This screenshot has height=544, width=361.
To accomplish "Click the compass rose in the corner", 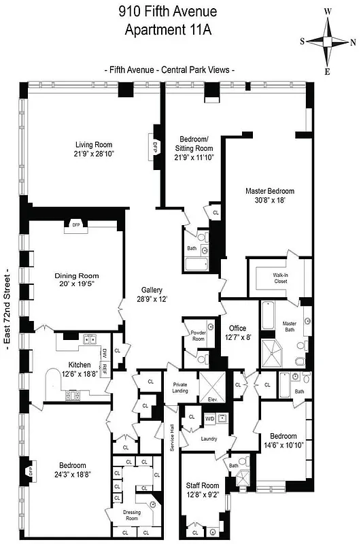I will click(x=327, y=41).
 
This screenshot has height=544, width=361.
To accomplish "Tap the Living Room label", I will click(x=94, y=144).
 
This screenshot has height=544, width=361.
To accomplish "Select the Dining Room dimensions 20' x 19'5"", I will click(x=77, y=286).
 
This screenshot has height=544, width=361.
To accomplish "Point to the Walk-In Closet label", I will click(x=281, y=278).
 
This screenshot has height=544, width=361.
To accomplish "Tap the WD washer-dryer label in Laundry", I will click(x=209, y=420).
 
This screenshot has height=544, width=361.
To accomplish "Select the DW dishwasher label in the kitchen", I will click(x=104, y=353).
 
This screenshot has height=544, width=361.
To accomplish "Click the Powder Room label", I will click(x=197, y=335).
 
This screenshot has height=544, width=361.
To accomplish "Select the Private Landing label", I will click(x=181, y=388).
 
